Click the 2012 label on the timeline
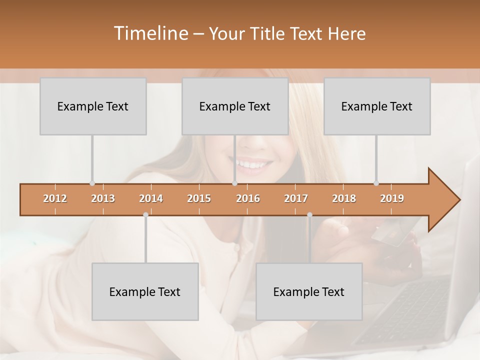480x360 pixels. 55,198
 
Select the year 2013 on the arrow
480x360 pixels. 103,198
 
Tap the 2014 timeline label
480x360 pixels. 151,198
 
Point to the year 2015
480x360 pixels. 199,198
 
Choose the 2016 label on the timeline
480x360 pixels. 248,198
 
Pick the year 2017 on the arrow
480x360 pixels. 296,198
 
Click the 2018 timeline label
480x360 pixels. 344,198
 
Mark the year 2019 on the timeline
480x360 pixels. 392,198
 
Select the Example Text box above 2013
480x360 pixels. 93,106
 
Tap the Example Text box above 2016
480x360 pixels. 235,106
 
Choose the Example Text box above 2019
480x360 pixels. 377,106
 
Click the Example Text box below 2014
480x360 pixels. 145,291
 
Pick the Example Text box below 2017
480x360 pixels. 309,291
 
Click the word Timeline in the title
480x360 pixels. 149,33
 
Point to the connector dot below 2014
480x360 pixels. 145,215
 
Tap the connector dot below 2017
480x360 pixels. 309,215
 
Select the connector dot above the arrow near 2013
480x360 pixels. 92,183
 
